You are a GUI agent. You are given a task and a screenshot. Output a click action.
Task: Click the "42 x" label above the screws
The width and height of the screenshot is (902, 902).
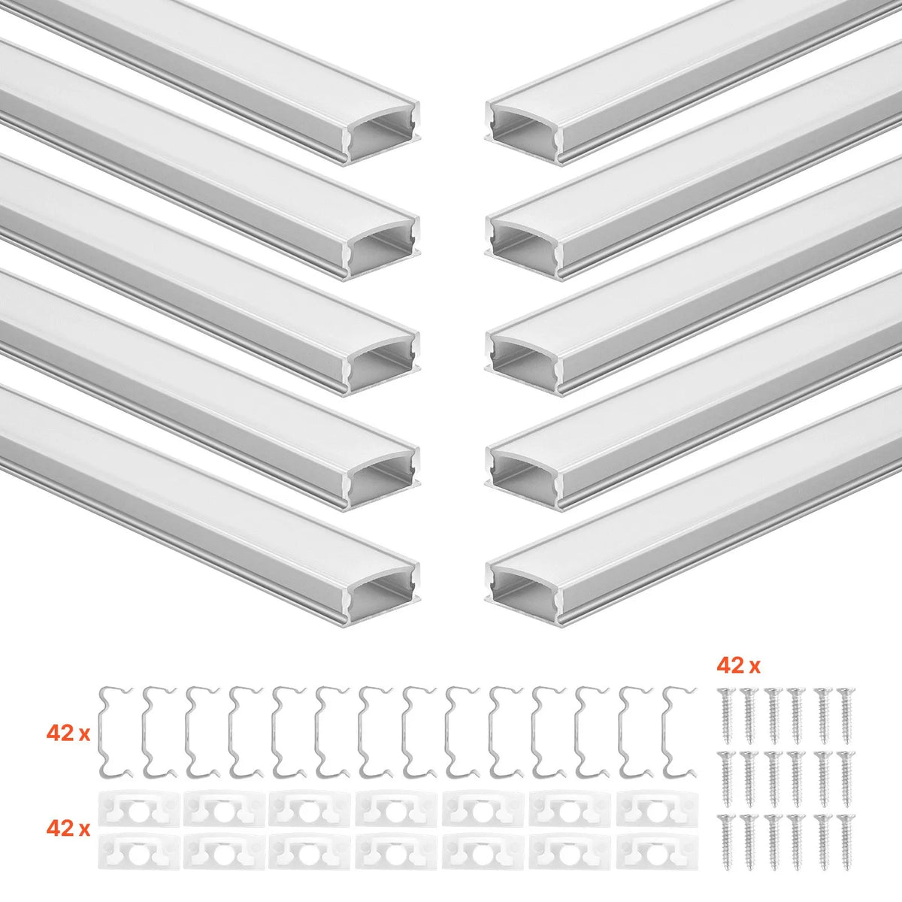click(x=739, y=666)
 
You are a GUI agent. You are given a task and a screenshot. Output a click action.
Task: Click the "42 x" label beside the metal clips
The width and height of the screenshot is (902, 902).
click(x=68, y=734)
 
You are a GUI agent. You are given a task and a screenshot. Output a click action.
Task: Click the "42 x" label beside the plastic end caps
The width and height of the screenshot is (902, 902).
click(x=68, y=828)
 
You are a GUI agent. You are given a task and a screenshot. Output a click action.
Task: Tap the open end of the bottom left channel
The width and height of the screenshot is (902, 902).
click(x=382, y=595)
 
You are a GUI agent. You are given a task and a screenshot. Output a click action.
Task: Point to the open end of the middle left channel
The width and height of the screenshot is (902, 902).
click(x=382, y=364)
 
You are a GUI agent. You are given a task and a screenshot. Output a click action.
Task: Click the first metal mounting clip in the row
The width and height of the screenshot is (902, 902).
click(x=104, y=733)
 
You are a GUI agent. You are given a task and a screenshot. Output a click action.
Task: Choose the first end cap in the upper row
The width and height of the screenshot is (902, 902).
click(x=141, y=808)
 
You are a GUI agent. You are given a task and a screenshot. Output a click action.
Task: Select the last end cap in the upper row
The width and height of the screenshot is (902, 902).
click(x=656, y=808)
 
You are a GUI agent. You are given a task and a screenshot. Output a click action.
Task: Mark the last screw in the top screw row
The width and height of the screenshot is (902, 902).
click(x=846, y=715)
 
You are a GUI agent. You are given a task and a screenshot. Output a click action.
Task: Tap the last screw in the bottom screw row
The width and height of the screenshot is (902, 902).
click(x=846, y=842)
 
